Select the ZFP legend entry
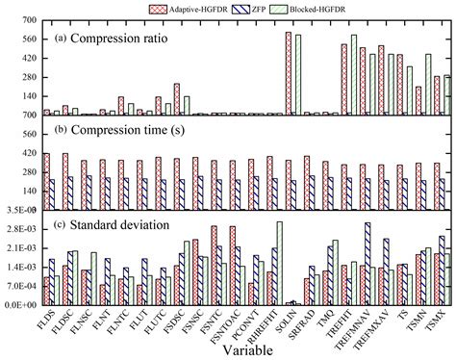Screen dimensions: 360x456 point(285,8)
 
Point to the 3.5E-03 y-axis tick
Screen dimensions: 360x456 point(19,210)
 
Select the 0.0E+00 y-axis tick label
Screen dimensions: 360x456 point(19,304)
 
